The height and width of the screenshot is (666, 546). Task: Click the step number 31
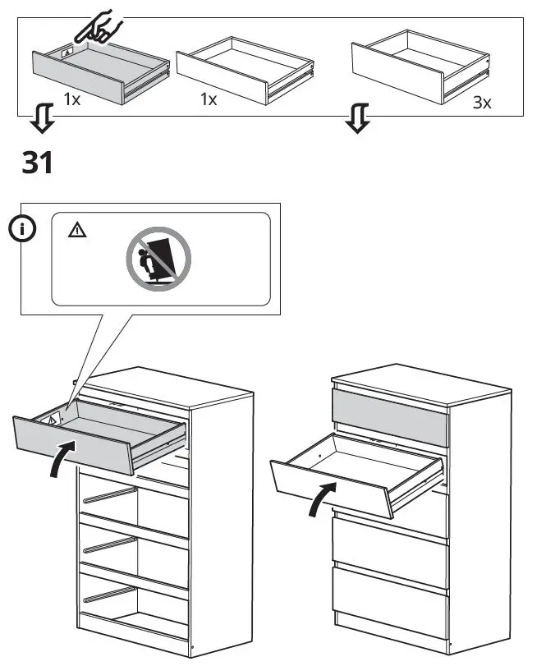[x=37, y=162]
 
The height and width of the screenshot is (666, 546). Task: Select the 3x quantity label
[x=483, y=104]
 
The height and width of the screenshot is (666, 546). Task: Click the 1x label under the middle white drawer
[x=209, y=99]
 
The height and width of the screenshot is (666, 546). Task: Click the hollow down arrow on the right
[x=356, y=121]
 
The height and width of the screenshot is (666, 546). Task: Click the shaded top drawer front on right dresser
[x=390, y=417]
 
